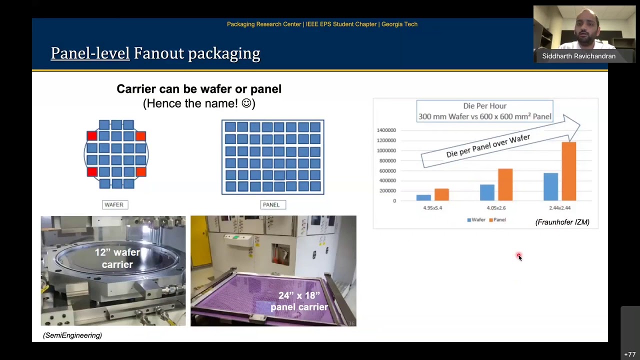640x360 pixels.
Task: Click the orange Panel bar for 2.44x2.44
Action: pos(569,171)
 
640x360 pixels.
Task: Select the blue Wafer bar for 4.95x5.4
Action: pos(423,197)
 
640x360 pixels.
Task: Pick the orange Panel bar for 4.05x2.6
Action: pos(505,184)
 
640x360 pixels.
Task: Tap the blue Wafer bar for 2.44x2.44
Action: pos(550,186)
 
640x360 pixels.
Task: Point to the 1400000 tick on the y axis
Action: pos(386,130)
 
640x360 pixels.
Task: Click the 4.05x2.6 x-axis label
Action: pos(496,207)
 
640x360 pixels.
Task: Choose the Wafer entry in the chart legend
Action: pos(476,220)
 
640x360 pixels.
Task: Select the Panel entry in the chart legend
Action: pos(497,220)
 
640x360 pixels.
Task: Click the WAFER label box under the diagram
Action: pos(114,204)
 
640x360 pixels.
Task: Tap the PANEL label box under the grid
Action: pos(271,204)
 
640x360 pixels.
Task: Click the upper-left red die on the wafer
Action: pos(91,136)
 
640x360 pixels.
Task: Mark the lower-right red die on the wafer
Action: pos(140,172)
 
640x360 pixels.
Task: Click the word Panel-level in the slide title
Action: pos(90,53)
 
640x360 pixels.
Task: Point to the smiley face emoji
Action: pos(246,103)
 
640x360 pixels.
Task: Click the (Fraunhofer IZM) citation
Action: pos(562,222)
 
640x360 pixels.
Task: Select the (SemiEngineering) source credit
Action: pos(72,335)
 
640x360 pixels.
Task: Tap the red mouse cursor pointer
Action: pos(519,256)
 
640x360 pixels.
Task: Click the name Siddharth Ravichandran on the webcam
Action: pos(578,56)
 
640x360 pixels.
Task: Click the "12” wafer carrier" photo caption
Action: pos(117,258)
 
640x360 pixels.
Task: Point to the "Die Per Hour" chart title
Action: pos(484,106)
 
